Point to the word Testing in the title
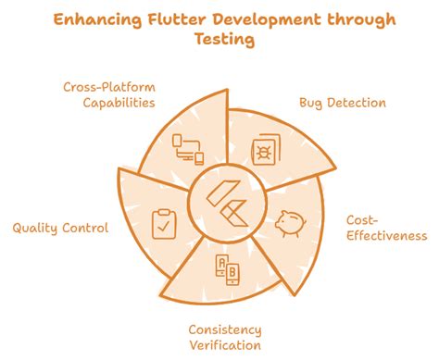click(219, 41)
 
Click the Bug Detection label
click(342, 103)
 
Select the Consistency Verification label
click(225, 338)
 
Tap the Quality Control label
click(60, 229)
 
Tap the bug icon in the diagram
click(266, 149)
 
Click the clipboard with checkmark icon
click(162, 223)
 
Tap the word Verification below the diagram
click(225, 345)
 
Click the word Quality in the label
click(36, 229)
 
